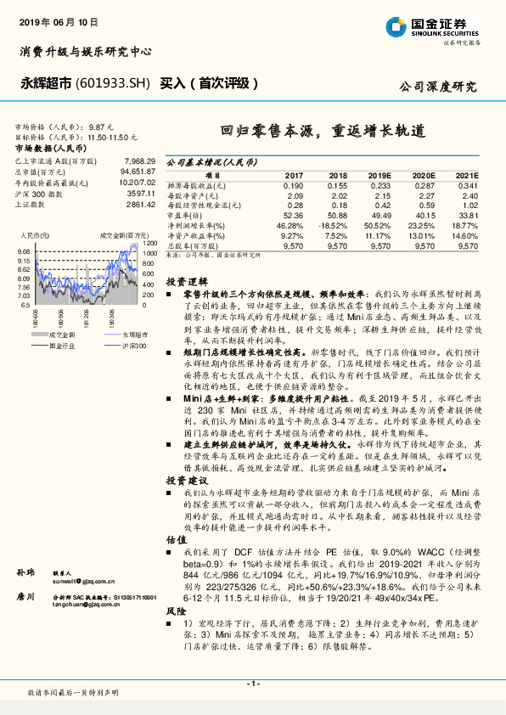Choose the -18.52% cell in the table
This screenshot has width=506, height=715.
point(333,225)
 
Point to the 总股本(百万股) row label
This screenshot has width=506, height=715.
point(195,245)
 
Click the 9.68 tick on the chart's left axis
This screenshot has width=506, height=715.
point(23,252)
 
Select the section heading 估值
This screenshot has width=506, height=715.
point(176,538)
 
